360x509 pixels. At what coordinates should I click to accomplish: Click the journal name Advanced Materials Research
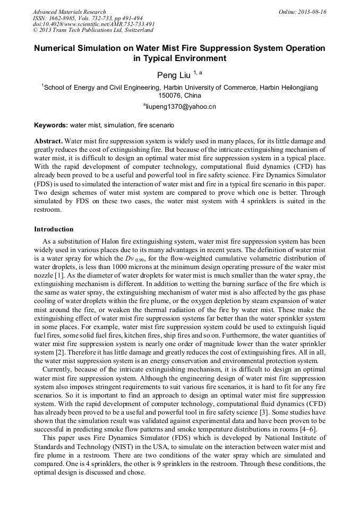(x=69, y=12)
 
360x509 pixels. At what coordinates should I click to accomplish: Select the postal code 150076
(x=171, y=96)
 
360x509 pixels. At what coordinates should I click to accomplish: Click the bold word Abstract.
(x=48, y=142)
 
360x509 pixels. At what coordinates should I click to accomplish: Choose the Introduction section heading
(x=54, y=229)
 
